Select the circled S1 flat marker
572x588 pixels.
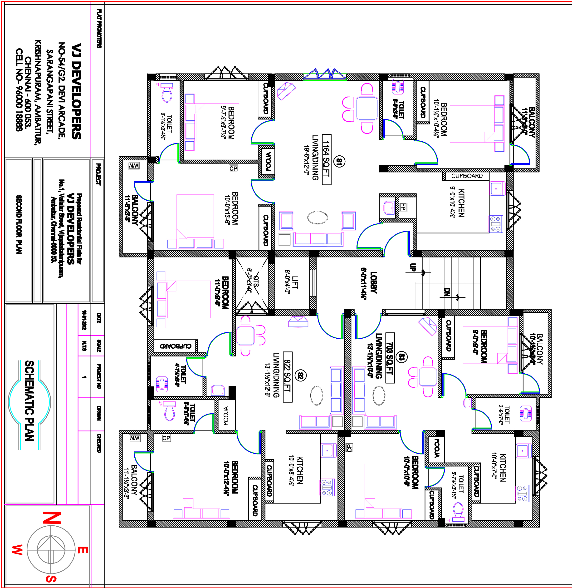(x=339, y=162)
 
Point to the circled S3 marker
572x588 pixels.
(x=401, y=357)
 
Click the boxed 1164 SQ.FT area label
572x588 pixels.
(x=327, y=160)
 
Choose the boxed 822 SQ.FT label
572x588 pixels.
(x=288, y=376)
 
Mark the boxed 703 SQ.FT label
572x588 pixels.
(x=390, y=358)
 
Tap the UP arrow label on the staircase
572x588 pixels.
(x=413, y=267)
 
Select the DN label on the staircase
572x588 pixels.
(x=447, y=292)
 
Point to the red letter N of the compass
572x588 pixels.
(x=52, y=518)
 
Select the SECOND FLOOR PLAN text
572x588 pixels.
(x=19, y=224)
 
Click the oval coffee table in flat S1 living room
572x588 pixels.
(x=318, y=218)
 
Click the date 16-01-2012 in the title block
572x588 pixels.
(x=84, y=320)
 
